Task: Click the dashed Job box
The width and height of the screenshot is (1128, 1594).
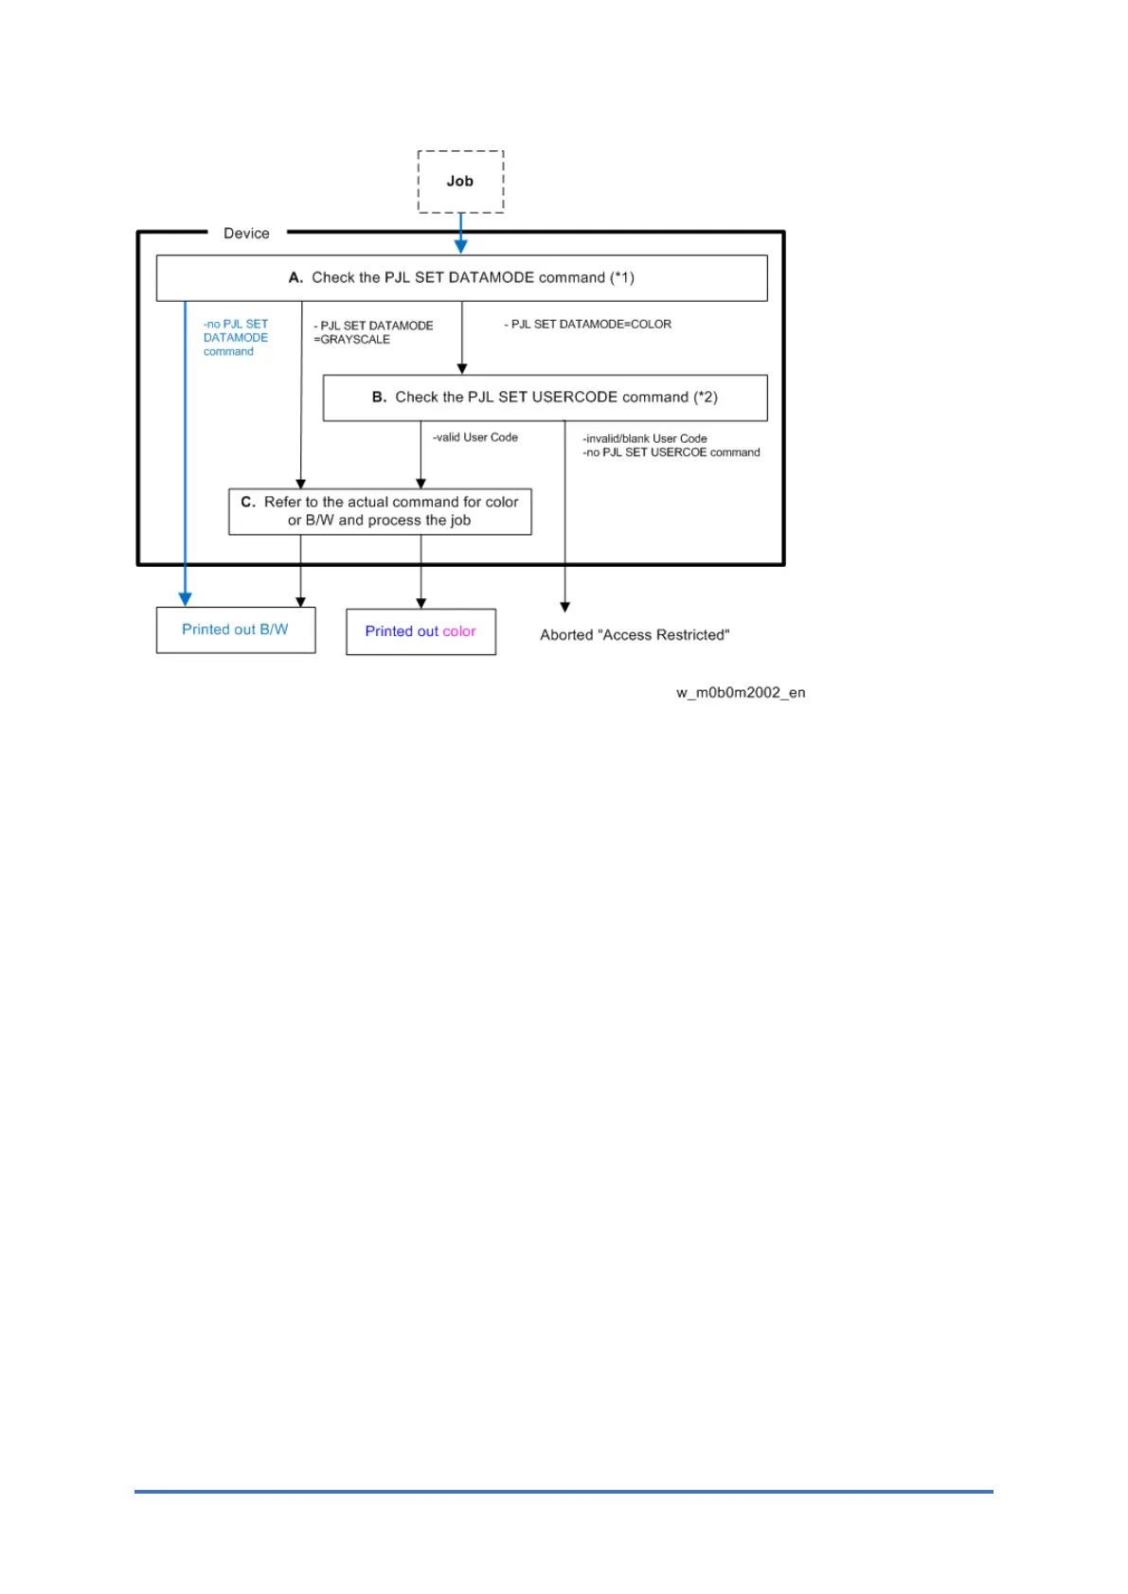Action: pos(460,182)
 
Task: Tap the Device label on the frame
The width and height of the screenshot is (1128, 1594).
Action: pos(246,234)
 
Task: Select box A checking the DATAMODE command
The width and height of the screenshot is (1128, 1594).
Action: pos(461,278)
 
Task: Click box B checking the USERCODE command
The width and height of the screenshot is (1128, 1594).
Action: pos(545,398)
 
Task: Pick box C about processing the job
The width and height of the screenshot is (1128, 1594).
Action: pos(380,511)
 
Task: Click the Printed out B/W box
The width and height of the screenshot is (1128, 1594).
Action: pos(235,630)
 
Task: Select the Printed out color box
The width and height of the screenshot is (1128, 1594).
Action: pos(421,632)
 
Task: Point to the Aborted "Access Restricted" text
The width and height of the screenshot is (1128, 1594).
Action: pos(635,635)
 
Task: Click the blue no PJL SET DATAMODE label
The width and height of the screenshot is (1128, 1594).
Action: pos(235,338)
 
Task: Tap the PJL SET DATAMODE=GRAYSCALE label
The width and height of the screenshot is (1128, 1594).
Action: pos(373,332)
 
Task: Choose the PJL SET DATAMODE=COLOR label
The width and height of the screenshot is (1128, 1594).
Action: pos(588,325)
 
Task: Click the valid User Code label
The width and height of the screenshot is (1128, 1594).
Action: pos(475,437)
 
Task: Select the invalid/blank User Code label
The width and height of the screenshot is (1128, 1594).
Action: pos(645,438)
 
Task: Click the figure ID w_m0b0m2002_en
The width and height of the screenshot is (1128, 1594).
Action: pos(741,693)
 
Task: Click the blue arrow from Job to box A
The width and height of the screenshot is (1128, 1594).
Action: pos(461,232)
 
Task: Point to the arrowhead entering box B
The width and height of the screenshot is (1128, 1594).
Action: pos(462,369)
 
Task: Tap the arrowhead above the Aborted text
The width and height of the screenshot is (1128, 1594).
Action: pos(565,607)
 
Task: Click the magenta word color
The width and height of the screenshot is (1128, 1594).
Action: pos(459,632)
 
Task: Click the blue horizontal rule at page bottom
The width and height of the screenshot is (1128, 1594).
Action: pos(564,1492)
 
